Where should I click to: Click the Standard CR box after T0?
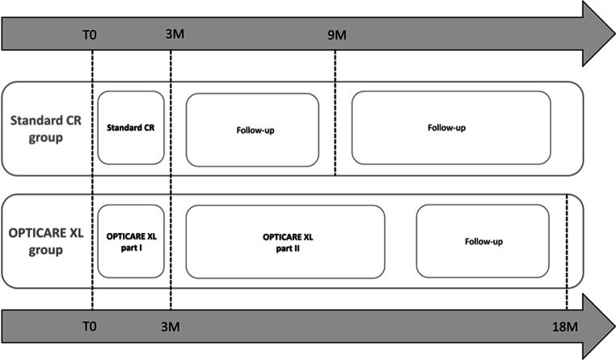131,128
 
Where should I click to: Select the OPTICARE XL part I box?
131,241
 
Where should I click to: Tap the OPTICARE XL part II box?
285,241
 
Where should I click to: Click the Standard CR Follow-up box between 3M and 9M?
252,129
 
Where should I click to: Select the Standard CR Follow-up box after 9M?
450,128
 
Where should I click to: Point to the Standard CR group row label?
44,128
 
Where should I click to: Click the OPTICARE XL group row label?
44,241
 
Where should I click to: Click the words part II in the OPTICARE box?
285,248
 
